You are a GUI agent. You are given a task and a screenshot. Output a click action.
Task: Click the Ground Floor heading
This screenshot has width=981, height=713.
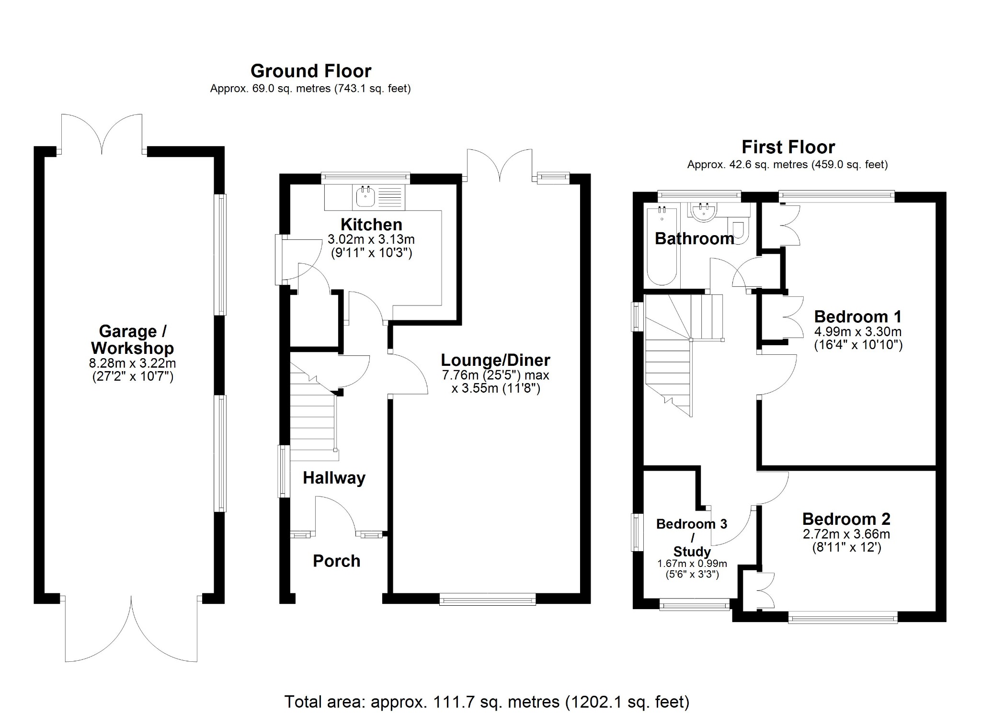[x=311, y=71]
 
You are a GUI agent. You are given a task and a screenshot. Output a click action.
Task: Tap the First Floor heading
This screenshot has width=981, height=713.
[x=788, y=147]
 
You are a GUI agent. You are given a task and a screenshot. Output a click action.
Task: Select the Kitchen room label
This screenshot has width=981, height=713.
[x=371, y=224]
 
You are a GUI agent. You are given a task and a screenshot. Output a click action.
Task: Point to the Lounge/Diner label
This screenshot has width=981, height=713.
[x=495, y=360]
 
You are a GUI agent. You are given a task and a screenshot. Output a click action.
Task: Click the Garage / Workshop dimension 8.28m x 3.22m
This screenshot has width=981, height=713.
[x=132, y=364]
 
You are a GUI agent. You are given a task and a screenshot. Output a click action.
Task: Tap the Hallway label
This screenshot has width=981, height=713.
[x=334, y=477]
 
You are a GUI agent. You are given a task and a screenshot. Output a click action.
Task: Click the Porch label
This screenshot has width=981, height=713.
[x=336, y=561]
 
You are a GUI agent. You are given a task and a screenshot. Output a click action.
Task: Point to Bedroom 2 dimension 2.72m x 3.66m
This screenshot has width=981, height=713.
[x=846, y=534]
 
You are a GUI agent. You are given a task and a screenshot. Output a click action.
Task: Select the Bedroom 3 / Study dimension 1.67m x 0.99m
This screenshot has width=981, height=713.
[x=692, y=564]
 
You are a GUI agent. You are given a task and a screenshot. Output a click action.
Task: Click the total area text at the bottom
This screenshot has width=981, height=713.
[x=487, y=702]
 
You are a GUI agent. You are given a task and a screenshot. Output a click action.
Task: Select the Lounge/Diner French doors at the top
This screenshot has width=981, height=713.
[x=500, y=165]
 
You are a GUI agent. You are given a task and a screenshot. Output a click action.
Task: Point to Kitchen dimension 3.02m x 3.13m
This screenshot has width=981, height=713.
[x=371, y=238]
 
